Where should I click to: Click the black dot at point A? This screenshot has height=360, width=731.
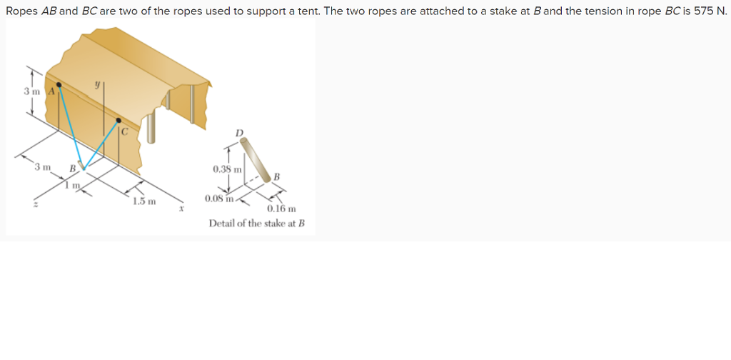tap(61, 84)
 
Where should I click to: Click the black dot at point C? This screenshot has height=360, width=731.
tap(119, 121)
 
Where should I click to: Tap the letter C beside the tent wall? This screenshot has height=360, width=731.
tap(123, 131)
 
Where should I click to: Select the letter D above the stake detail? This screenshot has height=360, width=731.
tap(239, 133)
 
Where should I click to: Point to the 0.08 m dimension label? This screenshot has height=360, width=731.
tap(218, 199)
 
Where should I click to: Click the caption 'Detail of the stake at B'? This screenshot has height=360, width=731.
tap(256, 224)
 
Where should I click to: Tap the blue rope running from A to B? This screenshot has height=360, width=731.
tap(71, 126)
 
